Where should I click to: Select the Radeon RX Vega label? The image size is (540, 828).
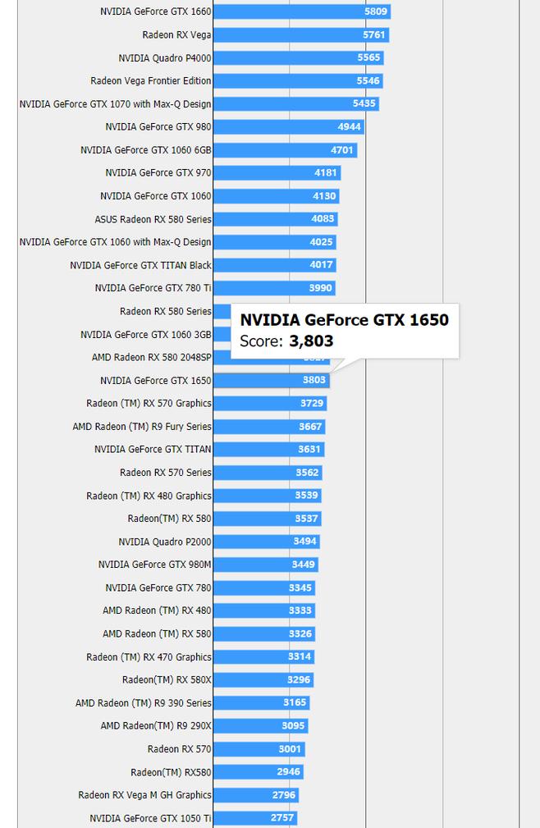[x=176, y=35]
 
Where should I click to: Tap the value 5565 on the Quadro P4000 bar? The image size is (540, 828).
[x=368, y=58]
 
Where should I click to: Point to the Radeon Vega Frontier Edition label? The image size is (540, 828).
[x=151, y=81]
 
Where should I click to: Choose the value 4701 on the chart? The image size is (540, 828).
[x=341, y=150]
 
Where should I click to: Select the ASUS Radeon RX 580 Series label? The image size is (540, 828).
[x=153, y=219]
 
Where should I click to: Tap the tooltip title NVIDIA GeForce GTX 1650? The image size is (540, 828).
[x=344, y=320]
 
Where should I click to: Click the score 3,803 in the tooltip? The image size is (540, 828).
[x=311, y=341]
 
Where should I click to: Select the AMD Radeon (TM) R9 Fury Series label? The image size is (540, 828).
[x=142, y=427]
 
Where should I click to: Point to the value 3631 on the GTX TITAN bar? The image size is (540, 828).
[x=309, y=450]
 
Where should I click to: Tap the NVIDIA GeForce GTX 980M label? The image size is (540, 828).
[x=154, y=565]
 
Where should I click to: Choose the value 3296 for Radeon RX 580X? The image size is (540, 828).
[x=299, y=679]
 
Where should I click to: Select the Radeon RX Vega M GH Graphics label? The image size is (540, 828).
[x=144, y=795]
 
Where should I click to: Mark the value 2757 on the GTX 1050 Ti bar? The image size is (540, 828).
[x=281, y=818]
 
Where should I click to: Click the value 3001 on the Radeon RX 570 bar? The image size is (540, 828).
[x=289, y=749]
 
